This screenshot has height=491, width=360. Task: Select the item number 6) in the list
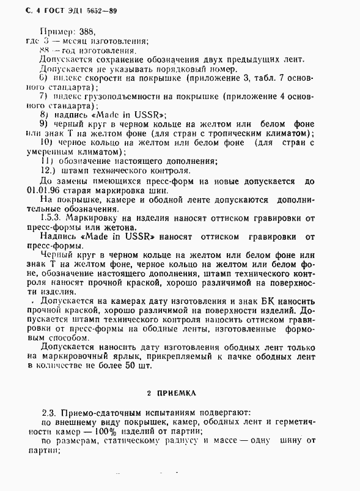43,78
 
